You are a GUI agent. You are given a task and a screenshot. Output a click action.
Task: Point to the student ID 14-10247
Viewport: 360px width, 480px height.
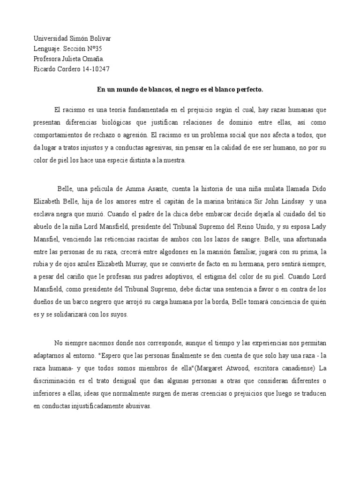point(95,69)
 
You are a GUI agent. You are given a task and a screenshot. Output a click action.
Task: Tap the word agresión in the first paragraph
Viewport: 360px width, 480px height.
point(131,135)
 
